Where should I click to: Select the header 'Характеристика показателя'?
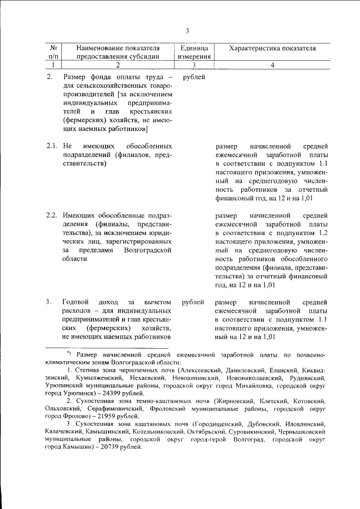pos(272,49)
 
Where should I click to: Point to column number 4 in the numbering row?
pos(272,65)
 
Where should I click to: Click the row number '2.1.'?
pos(52,147)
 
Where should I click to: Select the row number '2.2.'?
pos(52,216)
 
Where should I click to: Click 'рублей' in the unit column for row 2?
pos(194,76)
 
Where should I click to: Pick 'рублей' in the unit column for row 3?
pos(194,303)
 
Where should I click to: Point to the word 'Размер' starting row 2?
pos(75,76)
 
